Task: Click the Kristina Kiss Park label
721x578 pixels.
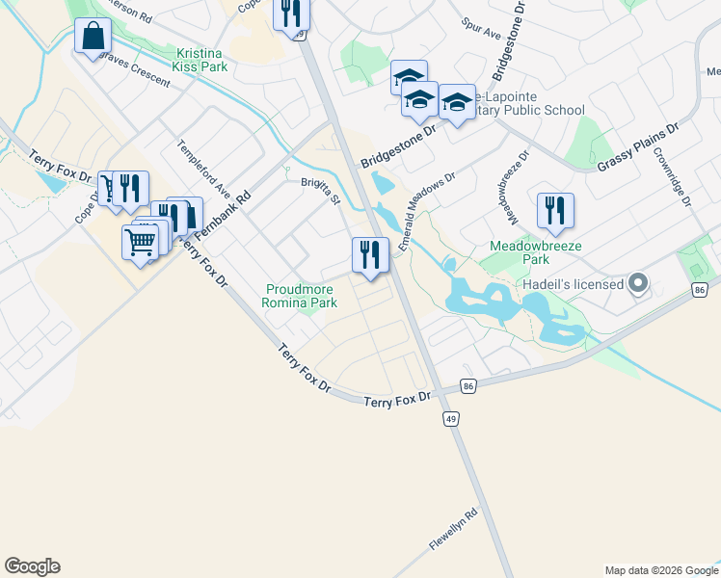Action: (x=202, y=61)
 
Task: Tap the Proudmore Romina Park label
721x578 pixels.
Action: (x=300, y=295)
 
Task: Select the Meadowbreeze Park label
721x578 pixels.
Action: (x=519, y=252)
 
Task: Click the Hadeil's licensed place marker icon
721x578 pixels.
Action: (x=637, y=283)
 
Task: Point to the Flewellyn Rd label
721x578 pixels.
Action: (x=454, y=531)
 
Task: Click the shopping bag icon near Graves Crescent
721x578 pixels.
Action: (x=93, y=39)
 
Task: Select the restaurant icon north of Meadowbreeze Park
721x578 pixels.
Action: (x=555, y=212)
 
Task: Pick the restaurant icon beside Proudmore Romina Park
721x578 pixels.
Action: (x=370, y=256)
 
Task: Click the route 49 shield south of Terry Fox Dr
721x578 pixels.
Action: (x=450, y=418)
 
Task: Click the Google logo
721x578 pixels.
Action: (x=32, y=566)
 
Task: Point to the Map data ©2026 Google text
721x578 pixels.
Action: (x=661, y=570)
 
